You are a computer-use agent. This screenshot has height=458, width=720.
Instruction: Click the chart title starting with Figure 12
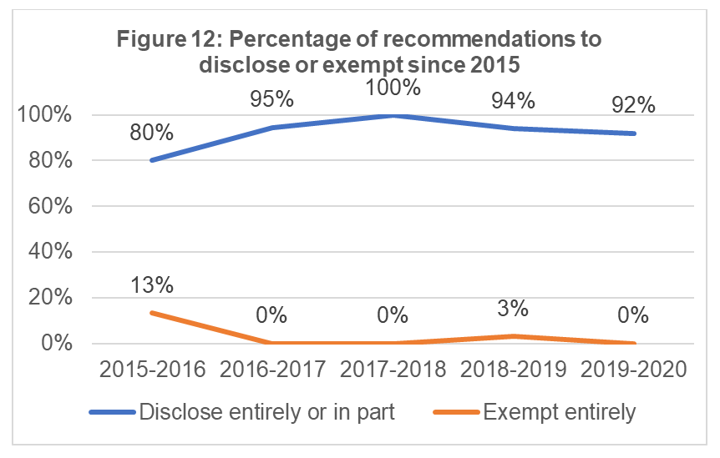click(x=359, y=52)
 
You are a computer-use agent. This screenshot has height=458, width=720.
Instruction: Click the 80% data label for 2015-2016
click(x=151, y=132)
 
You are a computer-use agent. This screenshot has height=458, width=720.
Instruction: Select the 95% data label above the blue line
click(x=271, y=99)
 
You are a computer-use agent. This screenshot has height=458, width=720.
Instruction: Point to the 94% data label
click(x=513, y=100)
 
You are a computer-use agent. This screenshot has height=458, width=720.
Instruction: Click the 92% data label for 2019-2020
click(x=633, y=105)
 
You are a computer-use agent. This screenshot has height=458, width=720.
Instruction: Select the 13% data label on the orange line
click(x=151, y=284)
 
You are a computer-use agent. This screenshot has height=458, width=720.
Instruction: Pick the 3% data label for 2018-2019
click(x=513, y=308)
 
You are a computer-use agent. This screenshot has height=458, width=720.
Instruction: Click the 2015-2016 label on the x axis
click(x=151, y=370)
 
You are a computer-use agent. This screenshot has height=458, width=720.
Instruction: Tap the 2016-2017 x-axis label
click(x=271, y=370)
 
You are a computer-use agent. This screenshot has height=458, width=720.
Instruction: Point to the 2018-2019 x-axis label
click(x=513, y=370)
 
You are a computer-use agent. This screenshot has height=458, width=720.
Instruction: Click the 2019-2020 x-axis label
click(x=633, y=370)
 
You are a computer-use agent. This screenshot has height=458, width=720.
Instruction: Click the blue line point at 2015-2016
click(x=151, y=160)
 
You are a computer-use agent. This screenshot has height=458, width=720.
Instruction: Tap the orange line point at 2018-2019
click(x=513, y=336)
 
